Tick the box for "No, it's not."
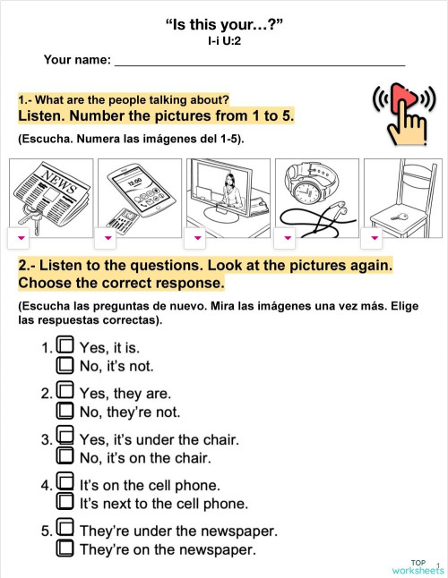65,365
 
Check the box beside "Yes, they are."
65,391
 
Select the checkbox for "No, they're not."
65,412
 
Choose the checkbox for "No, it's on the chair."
65,457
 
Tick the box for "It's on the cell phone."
65,484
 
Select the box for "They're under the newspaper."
65,530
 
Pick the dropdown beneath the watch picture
288,237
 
